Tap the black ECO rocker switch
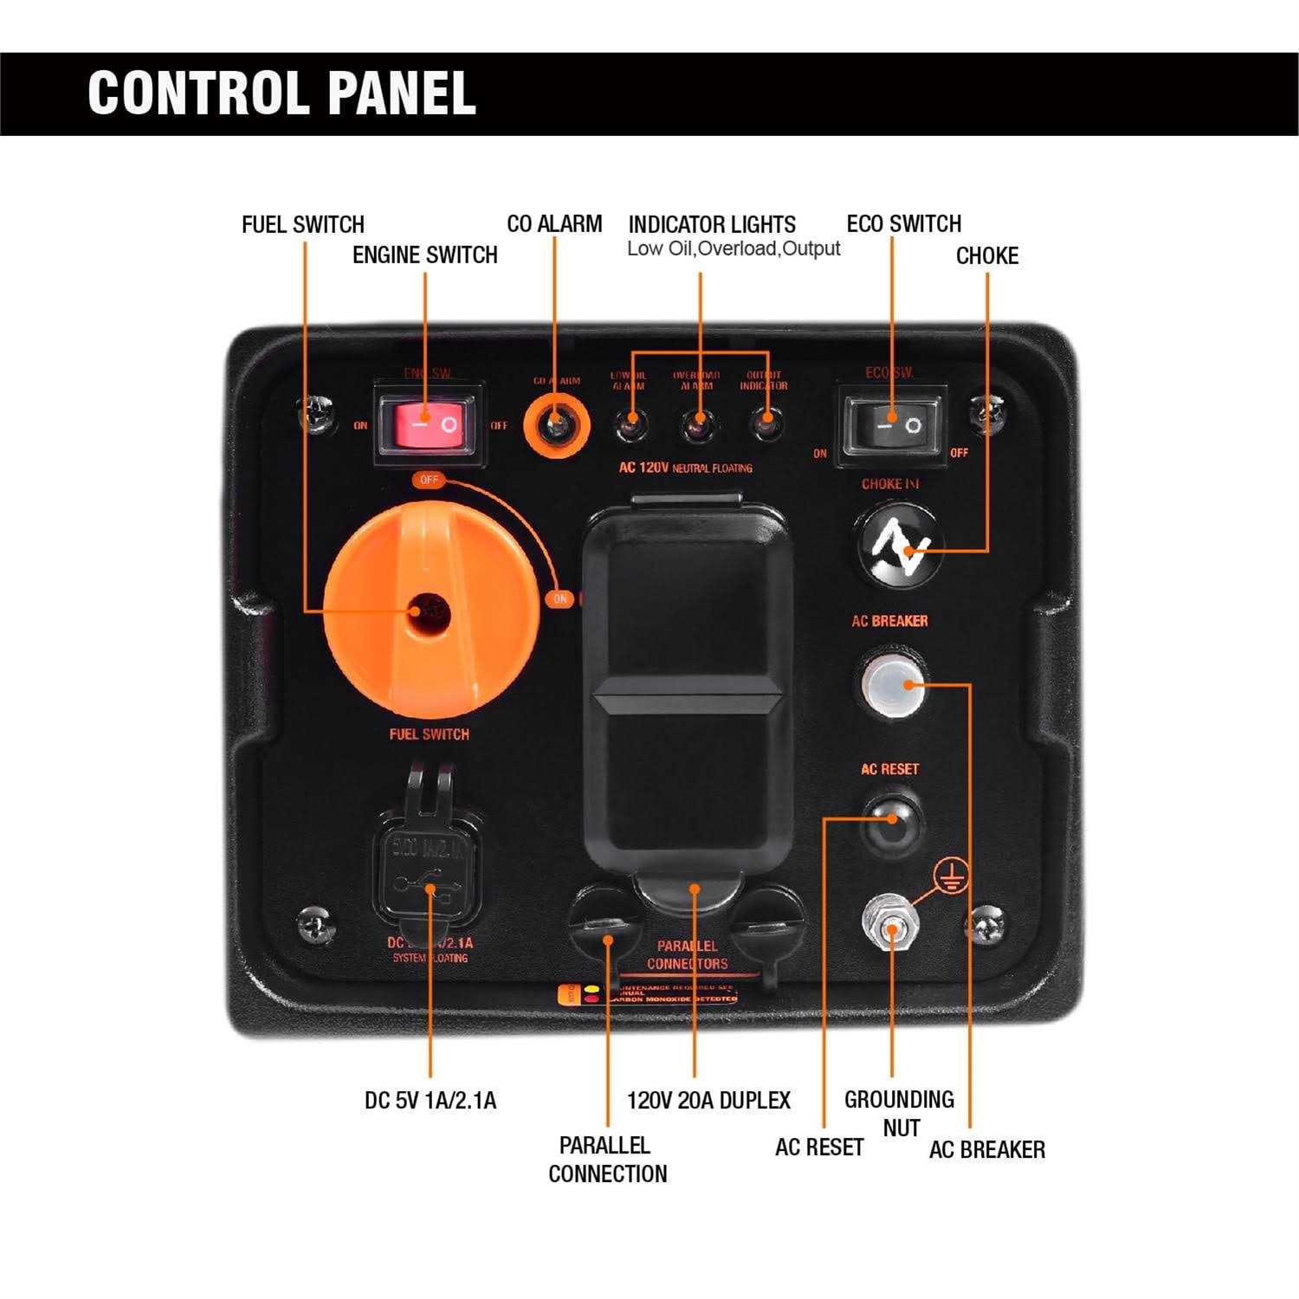click(x=892, y=425)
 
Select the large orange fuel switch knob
click(x=430, y=611)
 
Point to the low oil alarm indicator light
click(x=630, y=424)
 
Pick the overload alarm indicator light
click(x=696, y=424)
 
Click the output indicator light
click(x=764, y=424)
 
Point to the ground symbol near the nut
click(x=952, y=876)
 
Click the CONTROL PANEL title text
click(x=281, y=93)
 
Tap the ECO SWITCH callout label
click(x=903, y=224)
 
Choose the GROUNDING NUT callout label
click(x=900, y=1114)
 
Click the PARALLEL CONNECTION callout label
click(x=606, y=1160)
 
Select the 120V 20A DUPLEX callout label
click(x=708, y=1101)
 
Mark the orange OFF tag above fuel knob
click(x=429, y=480)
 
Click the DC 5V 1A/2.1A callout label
click(x=430, y=1101)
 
